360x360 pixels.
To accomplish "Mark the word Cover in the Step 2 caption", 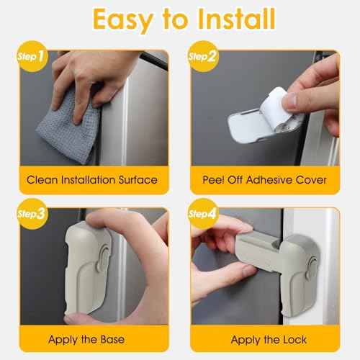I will click(312, 180).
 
